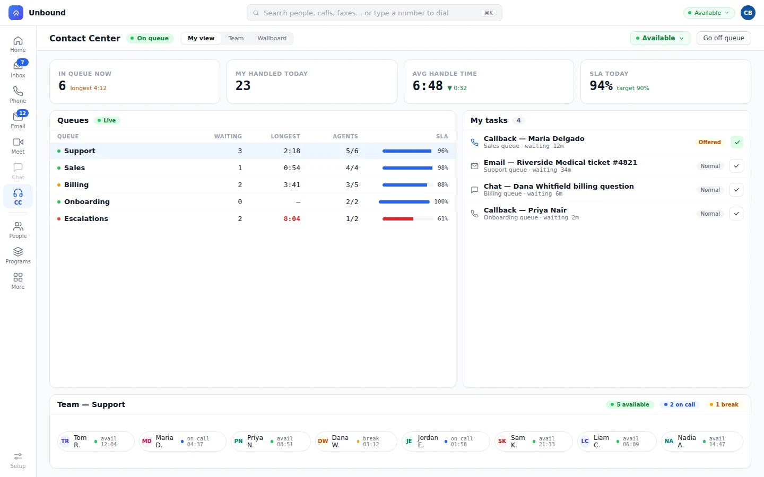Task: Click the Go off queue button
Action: [724, 38]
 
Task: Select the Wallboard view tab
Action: [272, 38]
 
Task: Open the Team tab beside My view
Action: [236, 38]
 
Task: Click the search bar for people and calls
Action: [374, 13]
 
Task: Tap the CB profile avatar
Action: [748, 13]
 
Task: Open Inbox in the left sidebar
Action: [18, 69]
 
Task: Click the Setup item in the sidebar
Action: [18, 461]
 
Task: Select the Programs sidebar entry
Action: [18, 255]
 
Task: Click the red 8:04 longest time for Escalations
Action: [292, 219]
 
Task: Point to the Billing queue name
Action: [76, 184]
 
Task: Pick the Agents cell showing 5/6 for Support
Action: [352, 151]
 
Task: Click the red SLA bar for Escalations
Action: [398, 219]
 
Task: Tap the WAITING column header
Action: [228, 136]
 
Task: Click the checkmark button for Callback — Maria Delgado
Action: [737, 142]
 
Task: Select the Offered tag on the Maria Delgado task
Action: [709, 142]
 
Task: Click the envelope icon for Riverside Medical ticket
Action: [474, 166]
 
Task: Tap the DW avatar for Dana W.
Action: [323, 441]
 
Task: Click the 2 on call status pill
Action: [680, 404]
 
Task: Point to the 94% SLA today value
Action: [601, 85]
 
